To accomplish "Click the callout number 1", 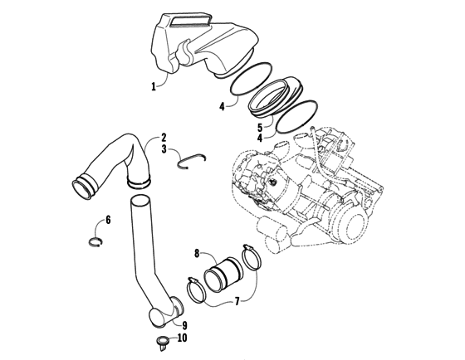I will (153, 86).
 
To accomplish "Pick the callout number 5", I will (259, 128).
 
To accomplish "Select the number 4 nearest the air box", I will (222, 106).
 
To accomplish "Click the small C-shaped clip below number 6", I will (97, 241).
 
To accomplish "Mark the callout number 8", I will (196, 253).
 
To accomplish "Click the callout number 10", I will (183, 338).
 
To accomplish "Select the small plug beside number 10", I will (161, 341).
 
